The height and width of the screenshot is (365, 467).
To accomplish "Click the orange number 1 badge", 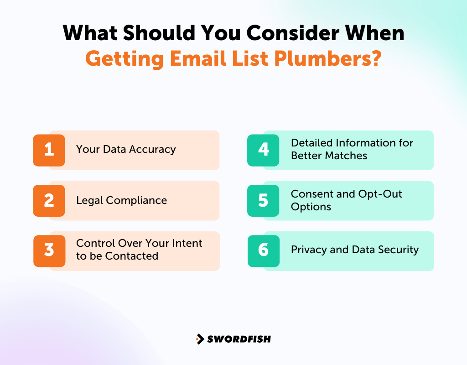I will (49, 150).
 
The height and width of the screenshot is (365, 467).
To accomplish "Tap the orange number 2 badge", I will (49, 200).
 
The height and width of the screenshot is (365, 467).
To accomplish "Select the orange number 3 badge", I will (49, 250).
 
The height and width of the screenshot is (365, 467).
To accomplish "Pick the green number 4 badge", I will (263, 150).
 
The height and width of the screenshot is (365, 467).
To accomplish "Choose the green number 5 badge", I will (263, 200).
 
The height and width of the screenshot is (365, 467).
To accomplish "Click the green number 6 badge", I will (263, 250).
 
